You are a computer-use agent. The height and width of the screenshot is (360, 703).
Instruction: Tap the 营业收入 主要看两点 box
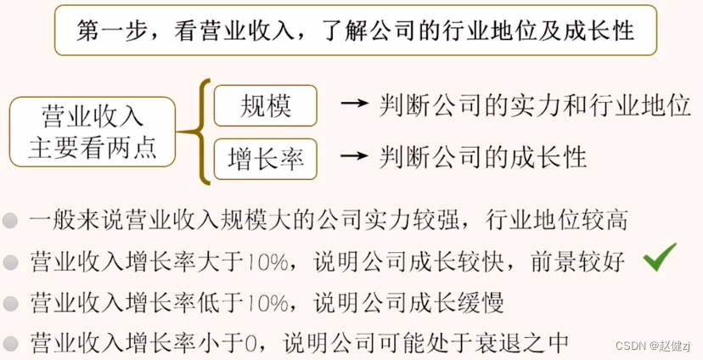point(93,132)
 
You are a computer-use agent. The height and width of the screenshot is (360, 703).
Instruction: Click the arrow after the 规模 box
point(354,106)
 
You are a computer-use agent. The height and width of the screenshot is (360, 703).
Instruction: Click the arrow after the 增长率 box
point(354,158)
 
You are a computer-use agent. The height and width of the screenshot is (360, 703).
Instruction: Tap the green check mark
point(660,257)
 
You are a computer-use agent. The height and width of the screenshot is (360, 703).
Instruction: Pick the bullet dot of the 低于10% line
point(11,302)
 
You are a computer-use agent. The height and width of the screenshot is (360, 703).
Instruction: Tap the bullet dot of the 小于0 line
point(11,342)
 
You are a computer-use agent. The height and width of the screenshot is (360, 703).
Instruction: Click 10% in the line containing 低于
point(271,302)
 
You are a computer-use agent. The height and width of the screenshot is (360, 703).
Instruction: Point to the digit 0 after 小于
point(251,343)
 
